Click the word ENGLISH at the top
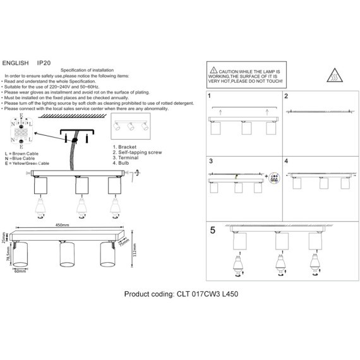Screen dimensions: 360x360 pyautogui.click(x=15, y=64)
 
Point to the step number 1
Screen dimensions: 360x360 pyautogui.click(x=210, y=97)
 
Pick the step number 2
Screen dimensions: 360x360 pyautogui.click(x=286, y=97)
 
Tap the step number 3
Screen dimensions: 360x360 pyautogui.click(x=210, y=162)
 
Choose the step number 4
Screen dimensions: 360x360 pyautogui.click(x=286, y=162)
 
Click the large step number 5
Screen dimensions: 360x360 pyautogui.click(x=213, y=231)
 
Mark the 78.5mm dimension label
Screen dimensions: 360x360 pyautogui.click(x=8, y=257)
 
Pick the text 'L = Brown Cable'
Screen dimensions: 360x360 pyautogui.click(x=23, y=154)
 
